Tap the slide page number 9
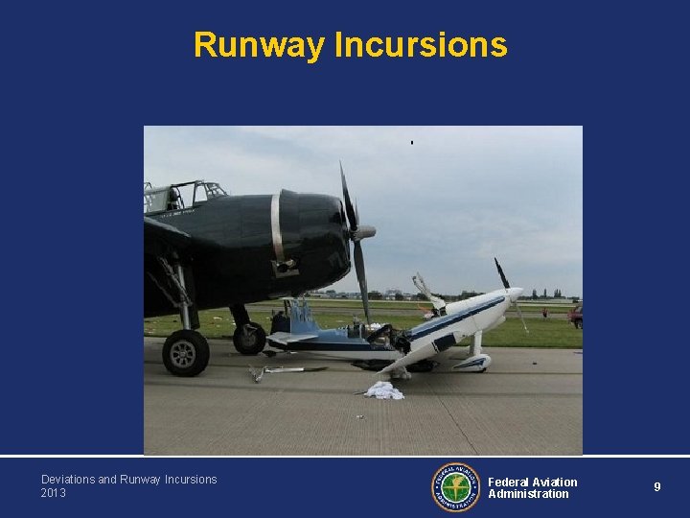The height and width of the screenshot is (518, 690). coord(657,487)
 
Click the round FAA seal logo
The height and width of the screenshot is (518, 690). coord(455,487)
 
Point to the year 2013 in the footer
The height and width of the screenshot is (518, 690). coord(54,493)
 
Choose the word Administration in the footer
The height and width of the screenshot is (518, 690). coord(528,494)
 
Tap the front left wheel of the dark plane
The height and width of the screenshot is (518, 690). coord(186,352)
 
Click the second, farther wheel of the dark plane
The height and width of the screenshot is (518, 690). coord(249,337)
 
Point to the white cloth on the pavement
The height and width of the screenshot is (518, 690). coord(384,389)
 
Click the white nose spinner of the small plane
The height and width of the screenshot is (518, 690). coord(515,293)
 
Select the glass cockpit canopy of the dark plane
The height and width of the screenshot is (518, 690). coord(182,196)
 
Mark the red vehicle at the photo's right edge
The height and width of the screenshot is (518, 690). coord(575,314)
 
